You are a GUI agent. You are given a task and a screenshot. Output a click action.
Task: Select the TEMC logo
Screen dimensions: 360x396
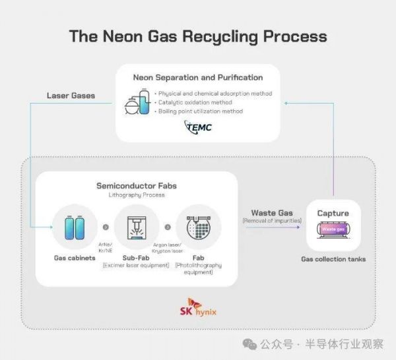point(199,127)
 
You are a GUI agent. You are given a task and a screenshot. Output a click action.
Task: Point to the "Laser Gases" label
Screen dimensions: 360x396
point(71,96)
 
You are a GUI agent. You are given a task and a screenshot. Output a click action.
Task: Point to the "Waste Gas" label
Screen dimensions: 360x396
point(272,213)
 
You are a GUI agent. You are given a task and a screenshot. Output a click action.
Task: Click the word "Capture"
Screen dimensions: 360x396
point(333,213)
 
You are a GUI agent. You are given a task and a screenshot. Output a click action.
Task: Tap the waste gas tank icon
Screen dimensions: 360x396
point(333,229)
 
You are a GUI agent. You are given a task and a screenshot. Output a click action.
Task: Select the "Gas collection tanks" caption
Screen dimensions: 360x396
point(333,259)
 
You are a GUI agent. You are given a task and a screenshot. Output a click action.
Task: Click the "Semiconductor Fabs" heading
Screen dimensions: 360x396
point(137,186)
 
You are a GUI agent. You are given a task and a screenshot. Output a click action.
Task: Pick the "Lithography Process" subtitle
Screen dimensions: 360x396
point(137,196)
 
